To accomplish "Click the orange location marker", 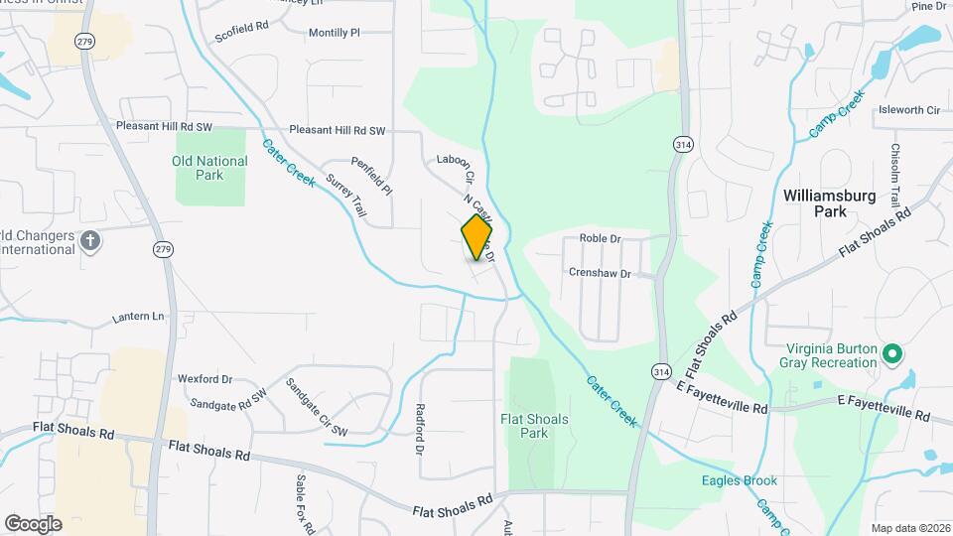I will click(476, 237).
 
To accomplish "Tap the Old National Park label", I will click(209, 168).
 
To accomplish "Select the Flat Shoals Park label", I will click(534, 426).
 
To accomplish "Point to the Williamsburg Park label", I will click(829, 203).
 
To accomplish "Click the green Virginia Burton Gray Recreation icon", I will click(891, 352).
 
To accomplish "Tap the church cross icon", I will click(90, 241).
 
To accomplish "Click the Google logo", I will click(33, 523).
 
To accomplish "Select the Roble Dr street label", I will click(600, 239).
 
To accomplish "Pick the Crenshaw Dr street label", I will click(600, 272).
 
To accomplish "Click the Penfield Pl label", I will click(371, 176).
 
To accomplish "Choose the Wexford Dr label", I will click(204, 378).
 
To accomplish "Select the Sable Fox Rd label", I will click(304, 502).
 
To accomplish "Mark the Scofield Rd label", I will click(240, 33).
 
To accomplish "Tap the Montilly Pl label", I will click(334, 33).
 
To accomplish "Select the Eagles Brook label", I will click(736, 481).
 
